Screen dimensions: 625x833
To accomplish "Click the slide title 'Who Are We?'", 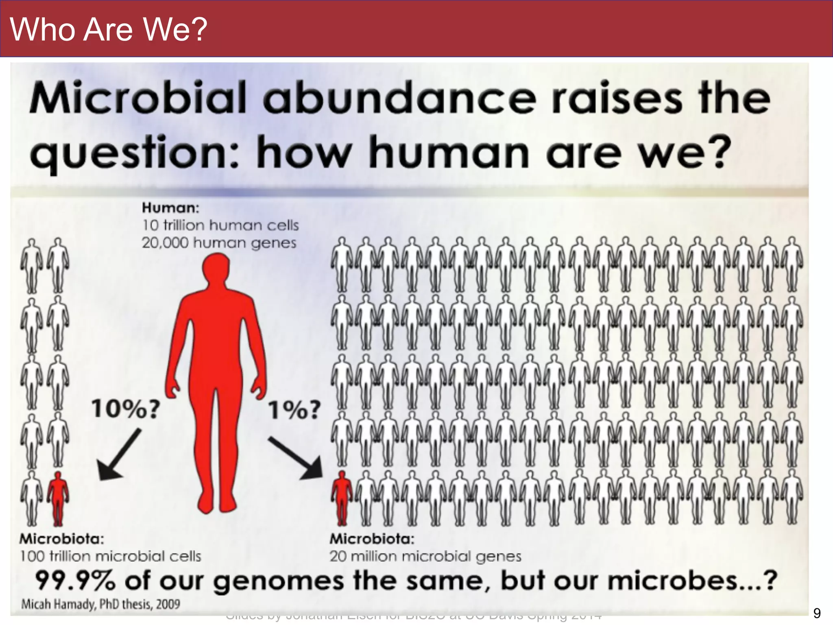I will pyautogui.click(x=109, y=29).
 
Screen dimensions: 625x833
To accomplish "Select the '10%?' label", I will pyautogui.click(x=126, y=409).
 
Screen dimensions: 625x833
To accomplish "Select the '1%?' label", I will pyautogui.click(x=294, y=410).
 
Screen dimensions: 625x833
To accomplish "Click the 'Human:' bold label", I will pyautogui.click(x=170, y=208).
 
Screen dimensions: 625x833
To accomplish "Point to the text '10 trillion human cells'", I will pyautogui.click(x=220, y=225).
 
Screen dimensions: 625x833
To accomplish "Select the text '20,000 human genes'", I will pyautogui.click(x=219, y=243).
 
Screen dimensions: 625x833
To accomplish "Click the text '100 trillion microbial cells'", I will pyautogui.click(x=111, y=556).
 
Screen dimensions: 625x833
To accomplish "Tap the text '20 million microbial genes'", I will pyautogui.click(x=425, y=556).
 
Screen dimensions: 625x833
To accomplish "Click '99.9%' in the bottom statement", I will pyautogui.click(x=75, y=581).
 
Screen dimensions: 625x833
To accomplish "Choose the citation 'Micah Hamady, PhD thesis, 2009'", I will pyautogui.click(x=100, y=604).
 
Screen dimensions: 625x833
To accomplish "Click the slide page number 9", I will pyautogui.click(x=817, y=613).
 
